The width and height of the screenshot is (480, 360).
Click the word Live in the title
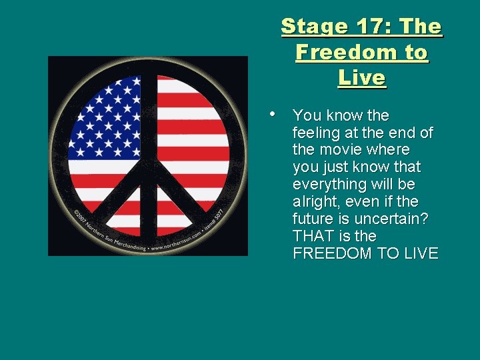[x=362, y=77]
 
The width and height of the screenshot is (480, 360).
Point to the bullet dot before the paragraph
[x=275, y=113]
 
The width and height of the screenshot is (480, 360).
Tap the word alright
[x=314, y=201]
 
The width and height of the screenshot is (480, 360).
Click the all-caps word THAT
[x=313, y=236]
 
